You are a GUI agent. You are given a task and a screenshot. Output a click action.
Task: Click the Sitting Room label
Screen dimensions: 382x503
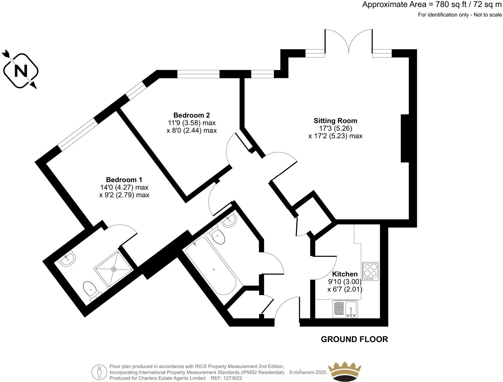tap(335, 121)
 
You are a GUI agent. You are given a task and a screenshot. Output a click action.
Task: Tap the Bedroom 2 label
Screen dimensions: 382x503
tap(191, 115)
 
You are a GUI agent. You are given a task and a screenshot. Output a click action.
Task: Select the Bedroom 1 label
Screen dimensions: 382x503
tap(124, 180)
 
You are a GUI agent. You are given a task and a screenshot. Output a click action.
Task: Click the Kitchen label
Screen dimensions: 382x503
tap(345, 274)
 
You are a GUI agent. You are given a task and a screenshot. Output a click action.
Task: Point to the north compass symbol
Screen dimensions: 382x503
tap(21, 70)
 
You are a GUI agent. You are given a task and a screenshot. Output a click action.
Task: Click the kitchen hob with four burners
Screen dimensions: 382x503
tap(370, 271)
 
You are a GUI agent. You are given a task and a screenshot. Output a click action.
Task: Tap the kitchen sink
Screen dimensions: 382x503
tap(345, 309)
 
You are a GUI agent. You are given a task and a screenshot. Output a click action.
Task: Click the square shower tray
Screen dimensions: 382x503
tap(113, 270)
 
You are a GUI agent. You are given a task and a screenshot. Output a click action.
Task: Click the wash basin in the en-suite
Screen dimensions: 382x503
tap(67, 260)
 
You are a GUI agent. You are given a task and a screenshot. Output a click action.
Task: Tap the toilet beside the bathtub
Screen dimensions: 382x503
tap(218, 236)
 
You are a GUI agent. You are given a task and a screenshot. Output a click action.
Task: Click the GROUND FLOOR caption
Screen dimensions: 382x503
tap(354, 339)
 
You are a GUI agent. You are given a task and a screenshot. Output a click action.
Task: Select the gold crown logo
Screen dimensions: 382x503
tap(345, 371)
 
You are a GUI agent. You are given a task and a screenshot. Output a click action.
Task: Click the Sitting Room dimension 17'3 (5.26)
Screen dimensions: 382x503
tap(335, 128)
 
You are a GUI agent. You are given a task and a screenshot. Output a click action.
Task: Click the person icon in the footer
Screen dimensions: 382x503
tap(99, 372)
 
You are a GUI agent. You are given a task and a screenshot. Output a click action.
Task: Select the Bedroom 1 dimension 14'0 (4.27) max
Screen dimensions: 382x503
tap(124, 187)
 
